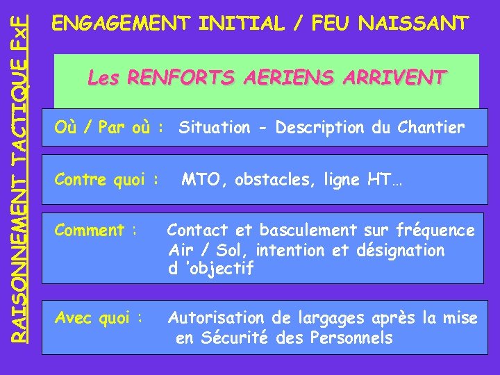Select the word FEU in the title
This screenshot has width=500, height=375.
333,24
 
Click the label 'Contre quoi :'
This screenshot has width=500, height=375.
108,181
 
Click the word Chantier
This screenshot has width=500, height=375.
431,128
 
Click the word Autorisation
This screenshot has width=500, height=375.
221,319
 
